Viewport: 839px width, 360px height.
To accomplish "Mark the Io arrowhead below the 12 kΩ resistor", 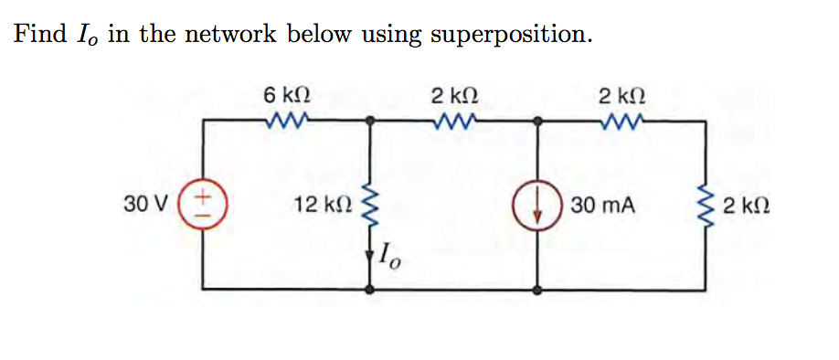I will pyautogui.click(x=370, y=256).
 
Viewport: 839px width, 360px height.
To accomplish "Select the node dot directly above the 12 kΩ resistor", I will pyautogui.click(x=370, y=120).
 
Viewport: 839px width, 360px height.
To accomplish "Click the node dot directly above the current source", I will pyautogui.click(x=537, y=120).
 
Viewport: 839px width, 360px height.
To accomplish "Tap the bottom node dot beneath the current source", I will pyautogui.click(x=537, y=289).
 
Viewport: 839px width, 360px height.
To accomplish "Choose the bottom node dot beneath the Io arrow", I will pyautogui.click(x=370, y=289).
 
